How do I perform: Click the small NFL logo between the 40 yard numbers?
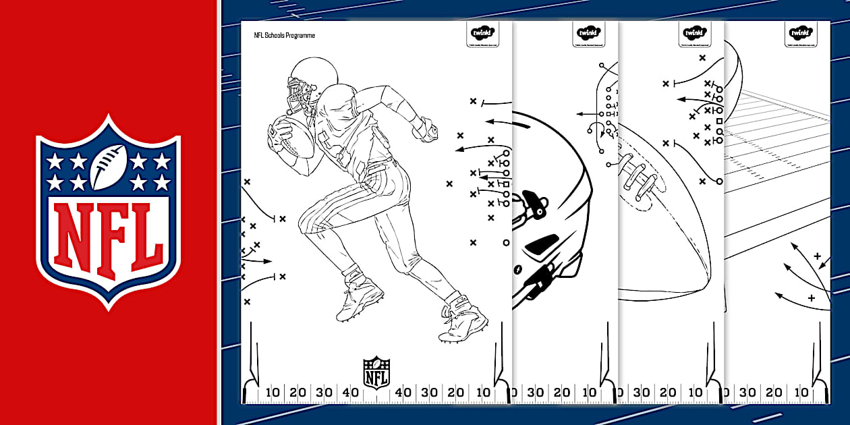coord(376,372)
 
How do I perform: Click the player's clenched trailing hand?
coord(426,128)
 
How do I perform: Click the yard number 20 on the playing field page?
coord(774,393)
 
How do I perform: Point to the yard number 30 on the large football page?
coord(642,393)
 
